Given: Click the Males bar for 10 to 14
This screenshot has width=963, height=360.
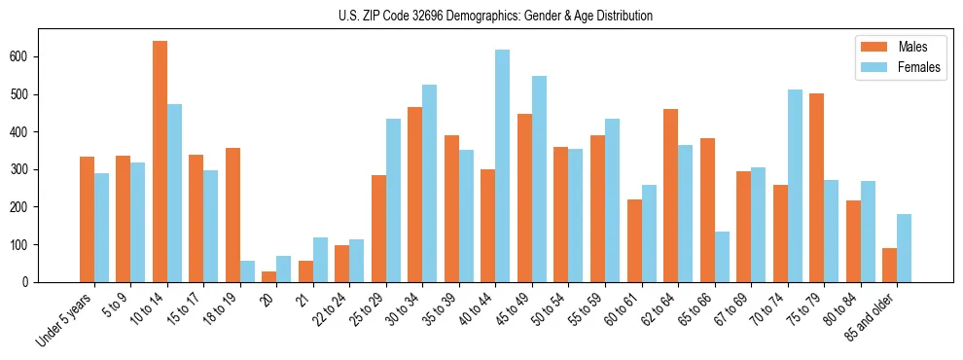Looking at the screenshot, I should tap(160, 162).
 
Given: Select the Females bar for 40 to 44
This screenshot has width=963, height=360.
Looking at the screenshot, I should tap(502, 165).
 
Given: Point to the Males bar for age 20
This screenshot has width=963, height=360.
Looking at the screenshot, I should tap(269, 276).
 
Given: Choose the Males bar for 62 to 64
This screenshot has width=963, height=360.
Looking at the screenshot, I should tap(670, 196).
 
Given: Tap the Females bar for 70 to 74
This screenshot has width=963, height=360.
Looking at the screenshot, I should tap(795, 186).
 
